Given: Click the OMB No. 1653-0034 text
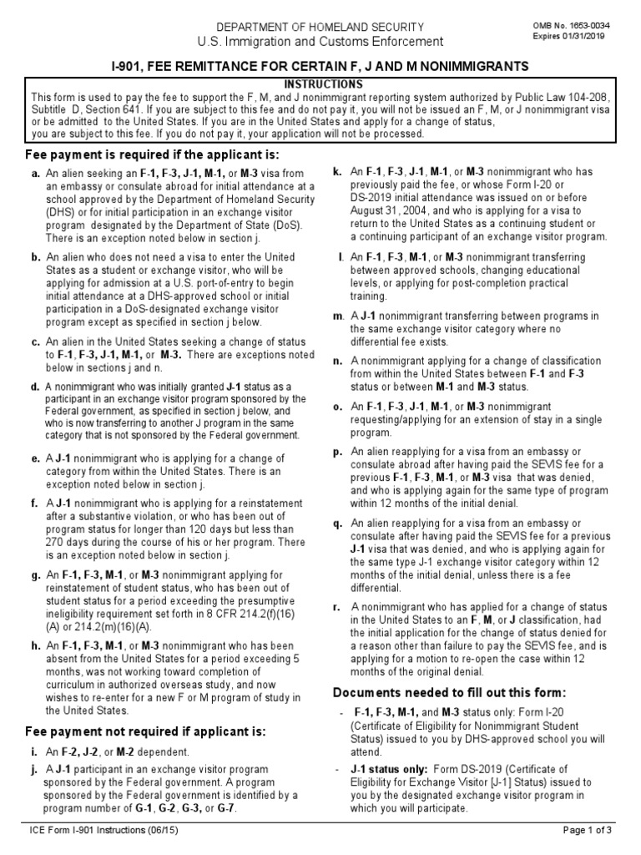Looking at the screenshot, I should [x=572, y=26].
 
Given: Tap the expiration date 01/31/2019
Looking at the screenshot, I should [x=589, y=37].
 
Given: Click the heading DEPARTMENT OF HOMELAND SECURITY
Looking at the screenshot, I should [x=320, y=27].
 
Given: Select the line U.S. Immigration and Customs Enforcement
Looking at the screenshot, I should [x=320, y=42].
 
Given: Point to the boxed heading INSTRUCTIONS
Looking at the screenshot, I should [x=312, y=84].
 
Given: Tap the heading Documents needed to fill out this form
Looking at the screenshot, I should [x=451, y=693].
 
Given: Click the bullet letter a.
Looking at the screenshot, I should [x=36, y=174].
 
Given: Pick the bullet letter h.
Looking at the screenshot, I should [x=36, y=645].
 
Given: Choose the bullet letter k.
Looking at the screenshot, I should [x=337, y=171].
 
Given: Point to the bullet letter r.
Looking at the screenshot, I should [x=336, y=607].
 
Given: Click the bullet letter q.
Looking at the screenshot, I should [x=337, y=524].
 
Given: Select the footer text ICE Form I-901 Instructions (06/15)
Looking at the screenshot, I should [x=103, y=830].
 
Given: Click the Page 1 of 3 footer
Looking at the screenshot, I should [x=588, y=830].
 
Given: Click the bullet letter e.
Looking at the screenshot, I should [x=36, y=458].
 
